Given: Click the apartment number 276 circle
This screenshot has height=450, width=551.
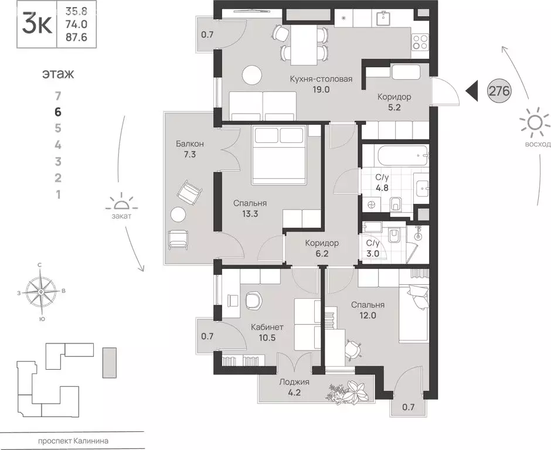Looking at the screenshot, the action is click(x=499, y=91).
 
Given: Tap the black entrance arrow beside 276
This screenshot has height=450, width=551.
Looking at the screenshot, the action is click(x=472, y=91).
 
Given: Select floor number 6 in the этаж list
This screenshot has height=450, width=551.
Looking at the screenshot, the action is click(x=58, y=112).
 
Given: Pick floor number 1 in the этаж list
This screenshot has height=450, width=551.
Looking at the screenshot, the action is click(x=59, y=195).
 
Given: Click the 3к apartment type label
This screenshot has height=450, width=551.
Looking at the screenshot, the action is click(x=37, y=24).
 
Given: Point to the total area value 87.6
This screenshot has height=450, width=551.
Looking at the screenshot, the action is click(x=76, y=37).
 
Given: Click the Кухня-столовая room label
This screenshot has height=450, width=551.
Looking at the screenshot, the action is click(x=321, y=79).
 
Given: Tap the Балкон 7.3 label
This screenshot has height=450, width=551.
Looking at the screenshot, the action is click(x=190, y=149).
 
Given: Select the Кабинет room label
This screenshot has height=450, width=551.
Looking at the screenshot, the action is click(x=267, y=327).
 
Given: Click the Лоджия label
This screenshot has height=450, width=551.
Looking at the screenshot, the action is click(x=294, y=382).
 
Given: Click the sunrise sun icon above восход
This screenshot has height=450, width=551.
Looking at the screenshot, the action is click(x=535, y=122).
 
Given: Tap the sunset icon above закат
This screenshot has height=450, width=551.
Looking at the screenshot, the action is click(x=121, y=203).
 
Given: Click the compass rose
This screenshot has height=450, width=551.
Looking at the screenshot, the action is click(x=42, y=291).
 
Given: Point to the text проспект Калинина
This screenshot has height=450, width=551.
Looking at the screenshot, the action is click(x=73, y=441).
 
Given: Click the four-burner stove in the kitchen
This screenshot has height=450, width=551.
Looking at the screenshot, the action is click(x=420, y=42).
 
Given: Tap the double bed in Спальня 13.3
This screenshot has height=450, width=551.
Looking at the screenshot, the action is click(x=279, y=155).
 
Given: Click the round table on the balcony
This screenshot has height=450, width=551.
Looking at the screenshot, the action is click(x=178, y=214).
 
